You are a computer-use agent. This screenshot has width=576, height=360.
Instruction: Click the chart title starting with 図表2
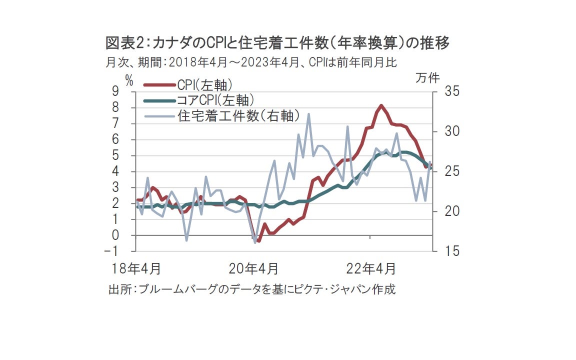(277, 43)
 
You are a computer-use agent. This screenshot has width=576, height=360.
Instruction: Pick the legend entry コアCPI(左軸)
(214, 100)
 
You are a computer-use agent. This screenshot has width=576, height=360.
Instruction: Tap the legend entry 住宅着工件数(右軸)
(239, 116)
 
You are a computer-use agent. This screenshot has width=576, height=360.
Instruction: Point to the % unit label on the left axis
(129, 80)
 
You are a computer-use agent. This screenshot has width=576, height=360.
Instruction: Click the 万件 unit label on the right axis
(427, 78)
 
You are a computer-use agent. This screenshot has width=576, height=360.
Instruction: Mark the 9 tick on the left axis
(129, 91)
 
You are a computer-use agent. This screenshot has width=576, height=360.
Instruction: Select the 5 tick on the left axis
(129, 155)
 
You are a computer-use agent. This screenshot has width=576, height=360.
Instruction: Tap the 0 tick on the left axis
(129, 235)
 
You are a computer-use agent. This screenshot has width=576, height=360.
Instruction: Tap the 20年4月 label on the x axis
(253, 268)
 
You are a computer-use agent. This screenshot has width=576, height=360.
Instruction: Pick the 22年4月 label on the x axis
(371, 268)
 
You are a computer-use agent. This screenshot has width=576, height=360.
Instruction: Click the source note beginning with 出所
(251, 289)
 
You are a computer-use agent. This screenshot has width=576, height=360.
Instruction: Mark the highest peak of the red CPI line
(381, 105)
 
